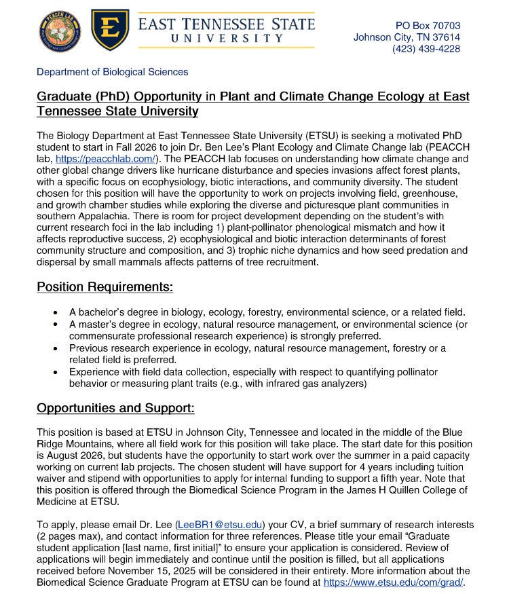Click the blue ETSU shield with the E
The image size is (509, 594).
point(109,29)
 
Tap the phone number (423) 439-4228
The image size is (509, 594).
point(426,49)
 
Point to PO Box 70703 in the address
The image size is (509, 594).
point(428,26)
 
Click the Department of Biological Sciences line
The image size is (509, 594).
point(113,71)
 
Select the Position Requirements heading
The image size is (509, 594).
point(105,286)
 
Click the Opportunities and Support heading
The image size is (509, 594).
point(115,408)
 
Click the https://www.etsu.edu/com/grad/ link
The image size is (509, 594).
point(393,582)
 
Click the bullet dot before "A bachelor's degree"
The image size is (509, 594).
point(55,312)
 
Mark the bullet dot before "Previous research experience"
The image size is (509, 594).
point(55,348)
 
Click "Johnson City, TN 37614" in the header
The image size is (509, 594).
point(407,37)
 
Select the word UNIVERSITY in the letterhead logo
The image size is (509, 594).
point(226,39)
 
